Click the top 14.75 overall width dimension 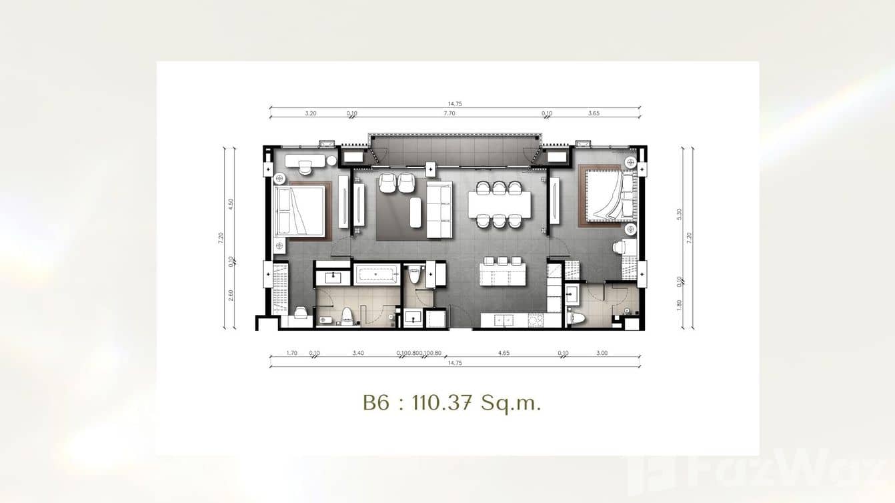455,103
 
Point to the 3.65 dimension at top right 594,113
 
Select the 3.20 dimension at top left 310,113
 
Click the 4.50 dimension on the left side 231,204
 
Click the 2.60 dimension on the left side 231,294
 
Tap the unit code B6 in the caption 376,404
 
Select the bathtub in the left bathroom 376,274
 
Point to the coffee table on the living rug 415,212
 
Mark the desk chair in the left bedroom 305,168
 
